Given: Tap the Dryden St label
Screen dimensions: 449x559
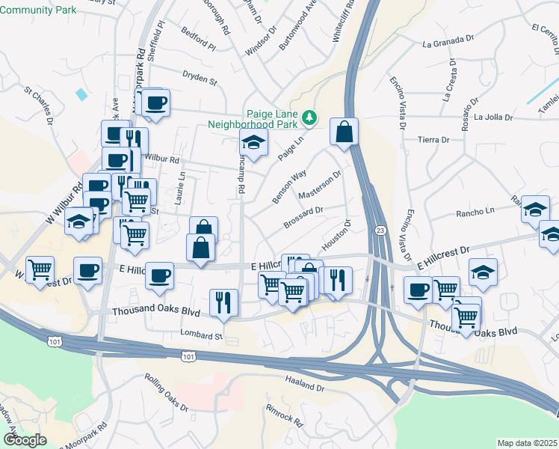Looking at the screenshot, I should click(200, 76).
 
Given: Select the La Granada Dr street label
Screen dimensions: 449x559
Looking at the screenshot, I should click(448, 41).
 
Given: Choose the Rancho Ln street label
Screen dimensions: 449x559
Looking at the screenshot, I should click(475, 213).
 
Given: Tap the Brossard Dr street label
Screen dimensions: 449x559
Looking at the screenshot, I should click(303, 215).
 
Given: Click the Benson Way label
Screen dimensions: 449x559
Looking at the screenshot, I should click(289, 186).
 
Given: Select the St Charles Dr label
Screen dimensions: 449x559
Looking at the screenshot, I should click(39, 106).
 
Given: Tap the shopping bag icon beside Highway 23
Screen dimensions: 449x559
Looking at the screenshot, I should click(344, 132).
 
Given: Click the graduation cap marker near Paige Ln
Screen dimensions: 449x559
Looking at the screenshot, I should click(253, 144).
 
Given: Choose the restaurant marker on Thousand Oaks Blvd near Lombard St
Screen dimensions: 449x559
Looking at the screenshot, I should click(223, 302).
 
